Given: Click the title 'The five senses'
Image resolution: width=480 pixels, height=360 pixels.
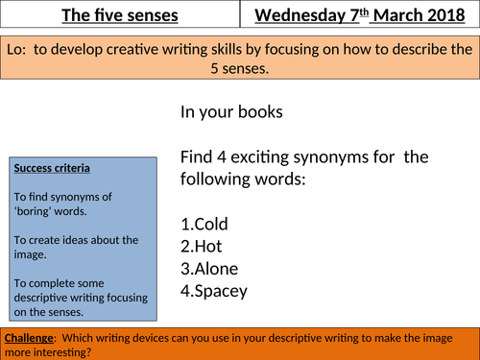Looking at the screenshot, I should [x=117, y=14].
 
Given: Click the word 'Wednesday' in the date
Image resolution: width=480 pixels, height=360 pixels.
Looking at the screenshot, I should [x=300, y=14].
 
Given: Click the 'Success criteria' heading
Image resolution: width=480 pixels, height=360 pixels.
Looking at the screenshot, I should [x=53, y=168].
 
